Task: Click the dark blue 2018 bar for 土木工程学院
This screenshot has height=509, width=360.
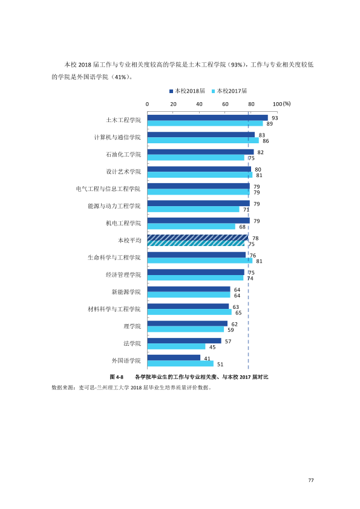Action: click(x=208, y=118)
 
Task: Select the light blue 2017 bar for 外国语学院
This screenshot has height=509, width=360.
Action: click(x=180, y=363)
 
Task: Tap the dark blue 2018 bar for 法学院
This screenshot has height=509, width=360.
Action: click(x=184, y=341)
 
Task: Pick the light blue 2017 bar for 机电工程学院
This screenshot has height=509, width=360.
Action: click(x=191, y=226)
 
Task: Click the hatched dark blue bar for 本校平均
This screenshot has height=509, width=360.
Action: click(x=198, y=238)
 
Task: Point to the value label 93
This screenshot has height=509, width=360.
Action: click(x=275, y=118)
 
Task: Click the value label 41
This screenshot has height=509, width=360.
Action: click(x=208, y=358)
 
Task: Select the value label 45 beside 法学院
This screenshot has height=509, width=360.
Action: click(x=212, y=348)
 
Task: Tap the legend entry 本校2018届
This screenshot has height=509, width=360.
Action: click(x=188, y=91)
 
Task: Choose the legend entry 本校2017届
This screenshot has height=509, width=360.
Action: click(x=229, y=91)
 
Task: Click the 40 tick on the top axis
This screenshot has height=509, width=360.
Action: click(x=199, y=104)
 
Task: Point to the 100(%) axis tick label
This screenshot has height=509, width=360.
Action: click(x=282, y=104)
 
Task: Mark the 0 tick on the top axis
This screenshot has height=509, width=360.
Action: click(x=147, y=104)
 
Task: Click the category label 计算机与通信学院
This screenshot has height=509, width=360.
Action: click(x=117, y=137)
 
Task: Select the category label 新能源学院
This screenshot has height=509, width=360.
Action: click(x=126, y=292)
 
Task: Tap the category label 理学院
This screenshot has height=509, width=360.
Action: click(x=133, y=326)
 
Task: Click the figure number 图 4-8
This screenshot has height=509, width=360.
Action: click(x=117, y=377)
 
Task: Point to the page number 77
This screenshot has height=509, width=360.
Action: click(x=311, y=481)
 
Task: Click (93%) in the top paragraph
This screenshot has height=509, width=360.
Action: click(x=237, y=65)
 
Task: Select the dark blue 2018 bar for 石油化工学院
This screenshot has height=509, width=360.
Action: click(x=200, y=152)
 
